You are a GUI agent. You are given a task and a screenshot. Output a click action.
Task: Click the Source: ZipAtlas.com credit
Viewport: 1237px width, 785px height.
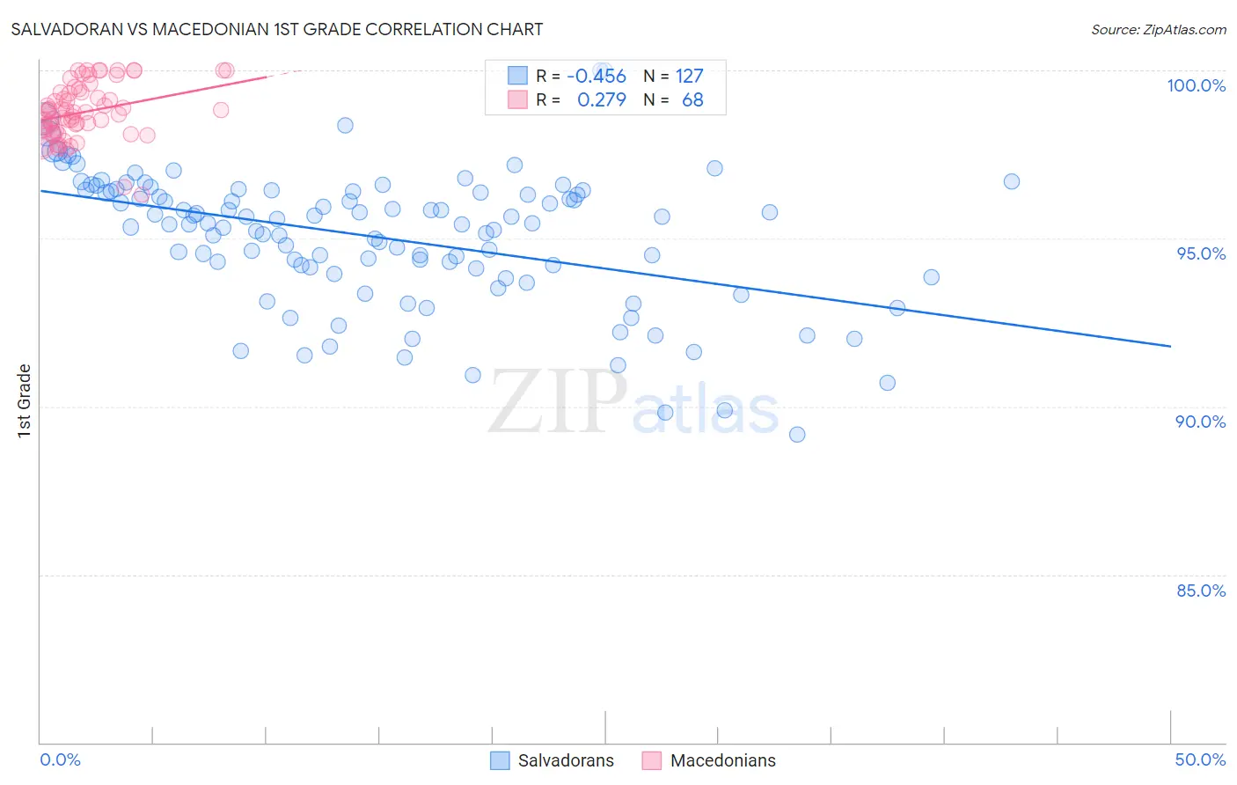[x=1158, y=29]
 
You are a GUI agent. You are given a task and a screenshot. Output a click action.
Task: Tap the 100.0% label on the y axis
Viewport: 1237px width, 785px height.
[x=1196, y=85]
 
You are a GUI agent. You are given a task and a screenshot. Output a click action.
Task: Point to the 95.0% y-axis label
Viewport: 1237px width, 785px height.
[x=1200, y=253]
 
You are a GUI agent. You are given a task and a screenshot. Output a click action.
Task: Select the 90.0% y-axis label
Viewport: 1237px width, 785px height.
[x=1200, y=422]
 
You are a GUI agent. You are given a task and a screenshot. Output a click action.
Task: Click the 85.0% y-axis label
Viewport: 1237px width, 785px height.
[x=1200, y=591]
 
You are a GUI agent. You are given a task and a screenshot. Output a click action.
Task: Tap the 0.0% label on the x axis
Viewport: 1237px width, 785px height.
[x=60, y=759]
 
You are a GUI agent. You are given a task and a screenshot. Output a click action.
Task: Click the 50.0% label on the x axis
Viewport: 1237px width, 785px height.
[x=1200, y=759]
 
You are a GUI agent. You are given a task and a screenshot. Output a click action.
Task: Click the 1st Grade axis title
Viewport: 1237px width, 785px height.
[x=25, y=400]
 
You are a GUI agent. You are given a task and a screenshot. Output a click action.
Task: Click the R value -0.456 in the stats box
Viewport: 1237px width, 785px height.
[x=596, y=77]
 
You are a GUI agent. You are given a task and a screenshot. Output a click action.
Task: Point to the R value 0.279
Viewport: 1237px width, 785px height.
[x=601, y=100]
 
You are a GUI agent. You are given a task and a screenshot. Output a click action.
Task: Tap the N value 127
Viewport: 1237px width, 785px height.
[x=689, y=77]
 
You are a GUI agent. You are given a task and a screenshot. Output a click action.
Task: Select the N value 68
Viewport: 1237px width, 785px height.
[x=692, y=100]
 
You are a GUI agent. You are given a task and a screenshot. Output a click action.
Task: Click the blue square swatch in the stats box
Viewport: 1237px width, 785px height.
[x=517, y=76]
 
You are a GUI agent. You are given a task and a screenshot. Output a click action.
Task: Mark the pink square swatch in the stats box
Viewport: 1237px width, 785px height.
[x=517, y=99]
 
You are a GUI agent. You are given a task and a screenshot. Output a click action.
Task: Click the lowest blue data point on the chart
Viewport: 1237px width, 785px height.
[x=797, y=434]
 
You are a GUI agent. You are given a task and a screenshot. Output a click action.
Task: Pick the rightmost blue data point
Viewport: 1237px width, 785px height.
[x=1012, y=181]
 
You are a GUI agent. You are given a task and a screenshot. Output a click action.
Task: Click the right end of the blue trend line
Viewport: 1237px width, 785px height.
[x=1171, y=347]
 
